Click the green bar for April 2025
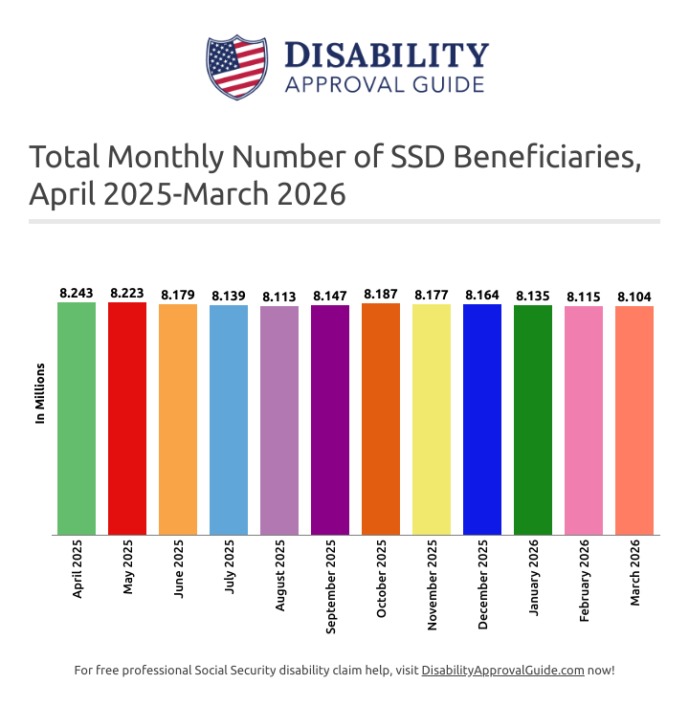[x=77, y=418]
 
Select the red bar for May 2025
[x=127, y=418]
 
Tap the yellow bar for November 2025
[x=431, y=419]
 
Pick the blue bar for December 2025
[x=481, y=419]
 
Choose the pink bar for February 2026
[x=583, y=420]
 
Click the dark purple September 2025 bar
[x=329, y=419]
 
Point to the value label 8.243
[x=77, y=294]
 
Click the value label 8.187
[x=381, y=295]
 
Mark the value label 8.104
[x=633, y=298]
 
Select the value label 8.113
[x=279, y=297]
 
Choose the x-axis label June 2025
[x=178, y=571]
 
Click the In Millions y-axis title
[x=40, y=392]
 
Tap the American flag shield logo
[x=235, y=67]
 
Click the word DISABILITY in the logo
[x=387, y=55]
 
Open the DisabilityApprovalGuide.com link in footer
[x=502, y=671]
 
